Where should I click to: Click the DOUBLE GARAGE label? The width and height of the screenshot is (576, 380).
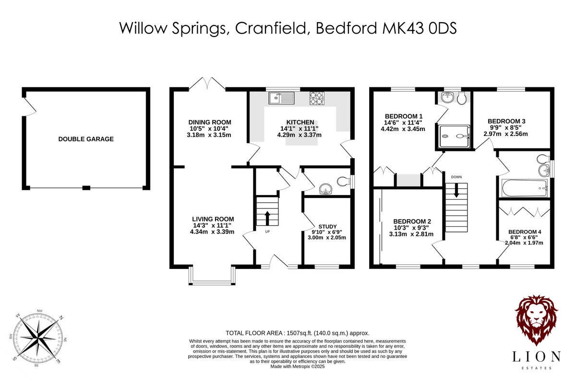coord(86,139)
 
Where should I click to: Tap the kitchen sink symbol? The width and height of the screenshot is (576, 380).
coord(281,98)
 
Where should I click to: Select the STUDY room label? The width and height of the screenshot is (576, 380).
coord(327,226)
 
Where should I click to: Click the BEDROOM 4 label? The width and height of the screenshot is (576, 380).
coord(525,232)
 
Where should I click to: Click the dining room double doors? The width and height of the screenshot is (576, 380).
coord(207,85)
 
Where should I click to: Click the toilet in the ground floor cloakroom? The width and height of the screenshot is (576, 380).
coord(343,182)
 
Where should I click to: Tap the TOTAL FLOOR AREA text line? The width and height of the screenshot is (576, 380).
coord(298,333)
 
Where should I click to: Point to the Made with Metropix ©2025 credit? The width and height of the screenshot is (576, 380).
coord(298,366)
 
